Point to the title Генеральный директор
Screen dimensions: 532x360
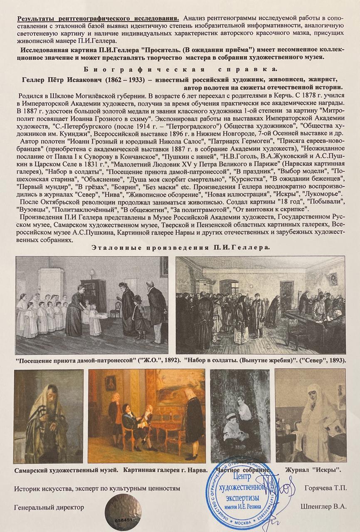pos(49,507)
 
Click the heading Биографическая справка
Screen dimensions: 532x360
pos(180,69)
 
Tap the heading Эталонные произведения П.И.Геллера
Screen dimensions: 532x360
pos(180,247)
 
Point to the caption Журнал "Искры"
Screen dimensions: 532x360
pos(313,470)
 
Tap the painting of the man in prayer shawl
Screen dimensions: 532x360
pos(48,416)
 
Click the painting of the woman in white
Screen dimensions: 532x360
pos(311,415)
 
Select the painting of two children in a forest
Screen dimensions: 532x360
pos(240,415)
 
